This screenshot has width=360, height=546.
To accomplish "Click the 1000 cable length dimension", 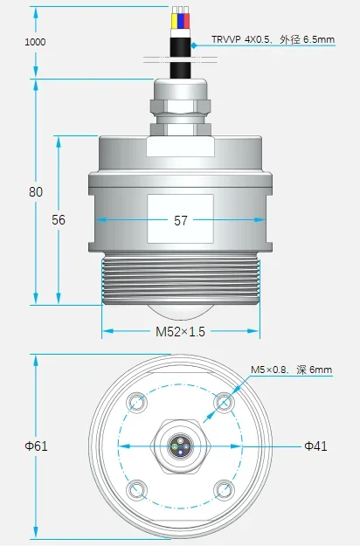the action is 35,42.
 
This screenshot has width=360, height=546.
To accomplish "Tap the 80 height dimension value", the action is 36,192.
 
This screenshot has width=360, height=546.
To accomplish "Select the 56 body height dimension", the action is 59,220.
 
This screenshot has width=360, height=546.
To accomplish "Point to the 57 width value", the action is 180,220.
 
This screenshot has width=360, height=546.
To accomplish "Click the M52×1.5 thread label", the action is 180,331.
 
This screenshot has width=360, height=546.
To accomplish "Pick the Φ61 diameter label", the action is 36,446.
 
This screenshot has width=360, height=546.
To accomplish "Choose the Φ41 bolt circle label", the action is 315,446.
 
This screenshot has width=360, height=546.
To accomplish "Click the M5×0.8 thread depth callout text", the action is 292,370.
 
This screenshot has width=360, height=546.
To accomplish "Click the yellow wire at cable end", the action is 174,21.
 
